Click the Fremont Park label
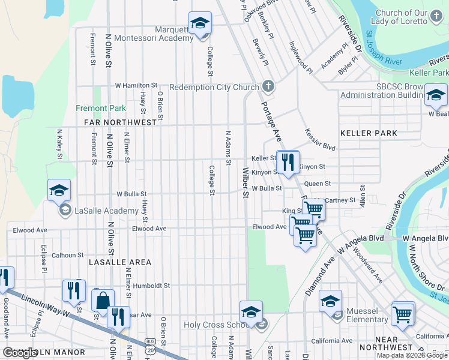pos(101,109)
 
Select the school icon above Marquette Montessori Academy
pos(200,23)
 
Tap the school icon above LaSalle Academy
pos(59,190)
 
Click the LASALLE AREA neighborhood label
pos(120,262)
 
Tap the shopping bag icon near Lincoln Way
pos(103,299)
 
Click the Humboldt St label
pos(152,286)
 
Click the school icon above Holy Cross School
pos(251,312)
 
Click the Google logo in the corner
pos(20,353)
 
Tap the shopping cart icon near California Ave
pos(402,313)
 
